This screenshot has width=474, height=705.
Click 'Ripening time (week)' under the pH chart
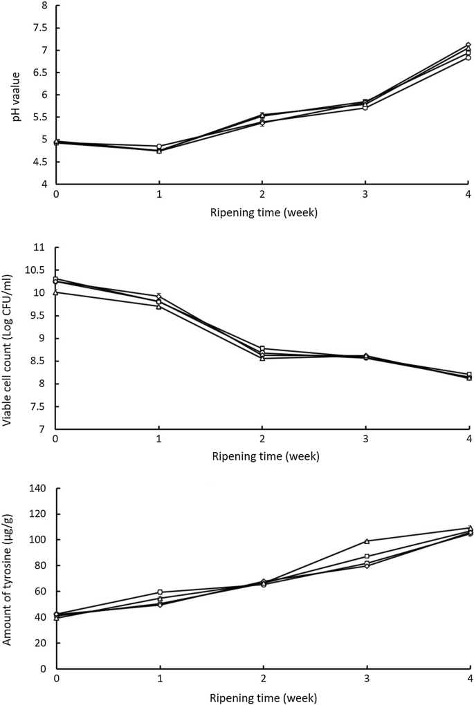click(x=263, y=213)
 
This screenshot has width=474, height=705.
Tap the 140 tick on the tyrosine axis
click(x=40, y=489)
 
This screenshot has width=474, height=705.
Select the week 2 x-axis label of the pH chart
click(x=263, y=196)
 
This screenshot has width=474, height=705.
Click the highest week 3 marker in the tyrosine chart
click(x=366, y=541)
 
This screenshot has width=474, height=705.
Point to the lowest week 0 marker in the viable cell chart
click(x=55, y=292)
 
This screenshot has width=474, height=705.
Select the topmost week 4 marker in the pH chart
click(x=468, y=45)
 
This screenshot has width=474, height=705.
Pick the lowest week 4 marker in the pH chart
click(x=468, y=58)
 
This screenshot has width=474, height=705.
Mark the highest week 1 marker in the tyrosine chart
click(x=159, y=592)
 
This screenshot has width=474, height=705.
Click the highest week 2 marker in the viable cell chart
click(x=263, y=349)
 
